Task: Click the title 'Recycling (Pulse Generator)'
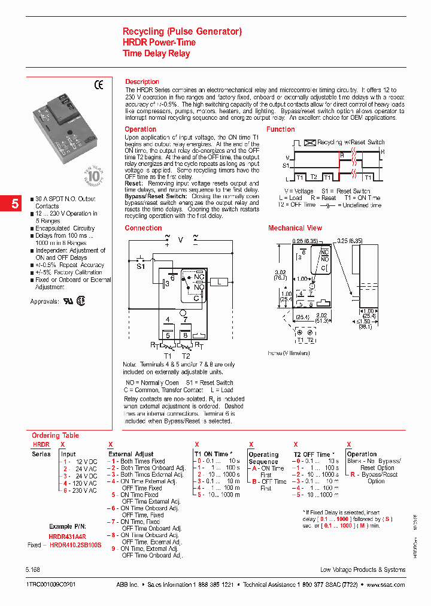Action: click(182, 31)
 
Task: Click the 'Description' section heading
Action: click(142, 81)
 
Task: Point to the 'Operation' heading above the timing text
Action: click(140, 129)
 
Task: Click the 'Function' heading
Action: click(280, 129)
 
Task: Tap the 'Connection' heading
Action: click(143, 228)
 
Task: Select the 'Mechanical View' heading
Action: click(295, 228)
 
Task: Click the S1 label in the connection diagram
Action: click(141, 267)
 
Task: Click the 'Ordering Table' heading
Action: click(55, 435)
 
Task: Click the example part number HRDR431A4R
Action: click(68, 537)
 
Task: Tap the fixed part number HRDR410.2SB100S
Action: click(75, 546)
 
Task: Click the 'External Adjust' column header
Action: click(130, 454)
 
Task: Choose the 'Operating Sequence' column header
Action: click(263, 458)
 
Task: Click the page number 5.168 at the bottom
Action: click(34, 569)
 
